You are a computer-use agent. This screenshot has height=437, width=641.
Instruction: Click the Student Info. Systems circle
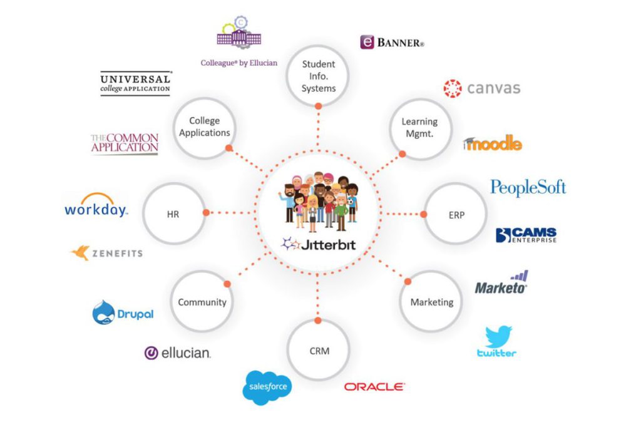point(318,76)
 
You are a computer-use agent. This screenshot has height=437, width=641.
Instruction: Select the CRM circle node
point(319,351)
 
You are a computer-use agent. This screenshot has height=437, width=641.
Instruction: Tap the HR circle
point(173,213)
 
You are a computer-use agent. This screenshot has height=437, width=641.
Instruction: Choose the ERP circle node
point(456,214)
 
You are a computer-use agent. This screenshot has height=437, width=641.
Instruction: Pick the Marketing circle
point(431,302)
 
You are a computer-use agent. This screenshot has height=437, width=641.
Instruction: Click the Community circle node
point(202,302)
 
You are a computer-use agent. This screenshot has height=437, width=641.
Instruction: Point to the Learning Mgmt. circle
point(419,127)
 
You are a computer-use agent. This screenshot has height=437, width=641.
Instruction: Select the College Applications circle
point(204,127)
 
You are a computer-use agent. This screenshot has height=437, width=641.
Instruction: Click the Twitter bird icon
point(498,336)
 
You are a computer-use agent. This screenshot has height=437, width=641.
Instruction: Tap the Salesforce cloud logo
point(267,386)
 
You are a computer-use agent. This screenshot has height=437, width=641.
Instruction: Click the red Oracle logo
point(374,387)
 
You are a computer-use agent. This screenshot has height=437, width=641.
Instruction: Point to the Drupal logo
point(123,313)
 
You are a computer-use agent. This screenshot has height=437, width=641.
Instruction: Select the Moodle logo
point(493,144)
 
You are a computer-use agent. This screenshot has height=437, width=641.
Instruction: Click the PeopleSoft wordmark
point(528,187)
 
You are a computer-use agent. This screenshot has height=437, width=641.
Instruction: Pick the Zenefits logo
point(106,253)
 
